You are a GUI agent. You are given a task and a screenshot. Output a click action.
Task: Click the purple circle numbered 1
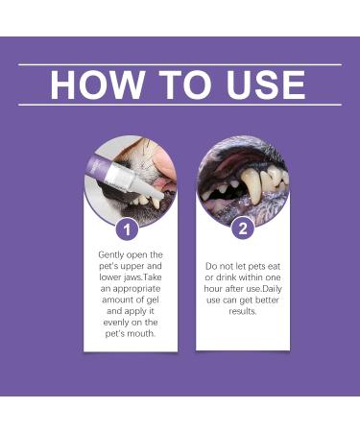point(128,228)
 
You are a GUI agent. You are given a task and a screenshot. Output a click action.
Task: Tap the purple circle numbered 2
point(243,228)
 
